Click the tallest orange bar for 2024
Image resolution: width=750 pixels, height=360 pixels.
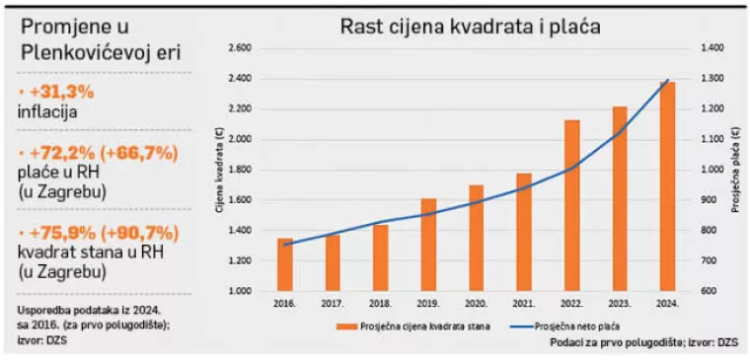(668, 186)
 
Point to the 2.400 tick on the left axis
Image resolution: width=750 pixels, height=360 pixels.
(240, 78)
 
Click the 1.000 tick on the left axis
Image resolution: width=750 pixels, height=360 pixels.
(240, 292)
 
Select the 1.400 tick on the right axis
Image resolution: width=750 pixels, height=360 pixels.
(712, 47)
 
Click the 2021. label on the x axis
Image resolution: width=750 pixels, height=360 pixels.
(524, 305)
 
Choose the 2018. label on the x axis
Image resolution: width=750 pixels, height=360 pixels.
(380, 305)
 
